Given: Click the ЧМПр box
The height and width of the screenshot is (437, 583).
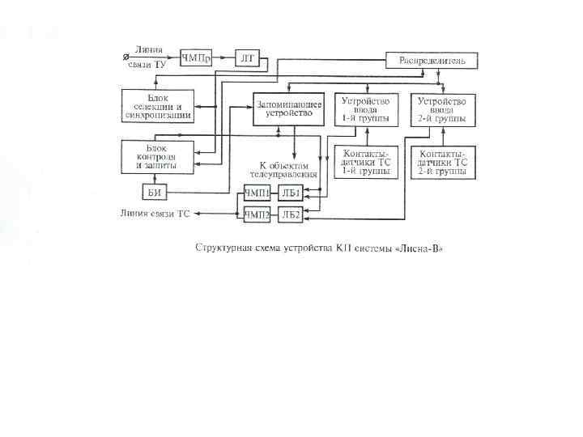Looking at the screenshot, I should pyautogui.click(x=196, y=57).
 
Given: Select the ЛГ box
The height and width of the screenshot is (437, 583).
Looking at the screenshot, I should pyautogui.click(x=247, y=57).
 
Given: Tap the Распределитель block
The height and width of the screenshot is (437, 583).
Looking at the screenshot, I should pyautogui.click(x=431, y=60).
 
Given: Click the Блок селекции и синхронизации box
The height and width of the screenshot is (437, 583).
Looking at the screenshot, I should pyautogui.click(x=158, y=108).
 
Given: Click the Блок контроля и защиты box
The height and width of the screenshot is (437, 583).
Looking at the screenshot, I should pyautogui.click(x=158, y=155).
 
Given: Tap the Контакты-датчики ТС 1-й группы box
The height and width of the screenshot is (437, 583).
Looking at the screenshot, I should pyautogui.click(x=366, y=162).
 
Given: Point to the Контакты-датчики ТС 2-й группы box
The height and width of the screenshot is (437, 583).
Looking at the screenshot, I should pyautogui.click(x=442, y=162).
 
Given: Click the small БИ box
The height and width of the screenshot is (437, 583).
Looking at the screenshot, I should pyautogui.click(x=155, y=192).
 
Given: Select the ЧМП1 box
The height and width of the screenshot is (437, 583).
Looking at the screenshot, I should pyautogui.click(x=257, y=193).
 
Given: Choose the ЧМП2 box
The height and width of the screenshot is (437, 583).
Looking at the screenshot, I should pyautogui.click(x=257, y=214).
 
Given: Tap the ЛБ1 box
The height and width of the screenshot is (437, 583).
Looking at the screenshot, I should pyautogui.click(x=291, y=193).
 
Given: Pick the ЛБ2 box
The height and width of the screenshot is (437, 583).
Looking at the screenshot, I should pyautogui.click(x=291, y=214).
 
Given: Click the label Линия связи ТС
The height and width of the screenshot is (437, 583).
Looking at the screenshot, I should pyautogui.click(x=155, y=214).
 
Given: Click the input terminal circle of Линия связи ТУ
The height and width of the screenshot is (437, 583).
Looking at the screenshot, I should pyautogui.click(x=124, y=57).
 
